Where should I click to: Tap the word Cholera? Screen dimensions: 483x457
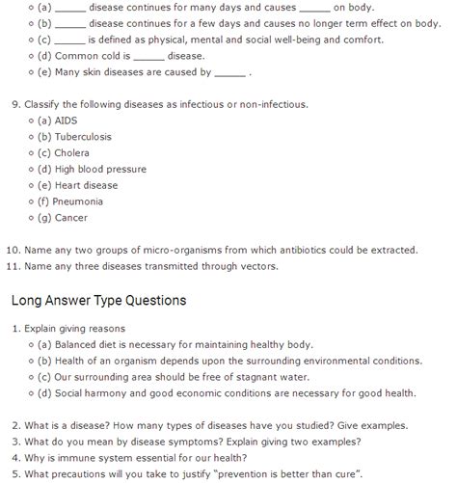pos(73,152)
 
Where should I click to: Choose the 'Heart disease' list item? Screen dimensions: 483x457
pos(87,185)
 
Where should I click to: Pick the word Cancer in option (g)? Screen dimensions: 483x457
pos(71,218)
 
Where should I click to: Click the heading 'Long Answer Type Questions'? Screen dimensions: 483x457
pos(98,300)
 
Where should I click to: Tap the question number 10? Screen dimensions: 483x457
pos(13,250)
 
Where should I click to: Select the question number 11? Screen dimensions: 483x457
pos(13,266)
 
